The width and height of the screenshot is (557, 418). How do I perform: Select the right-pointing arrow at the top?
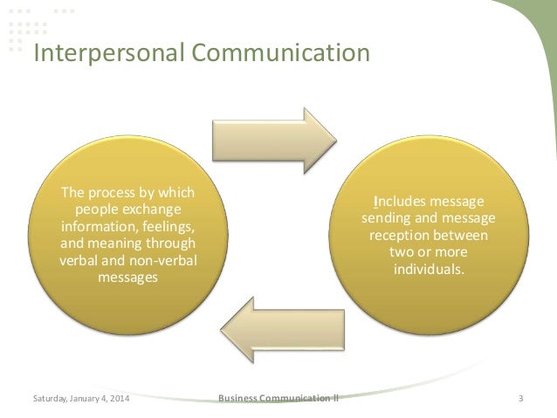point(273,138)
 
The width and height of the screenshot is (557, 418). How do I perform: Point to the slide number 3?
point(520,399)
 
